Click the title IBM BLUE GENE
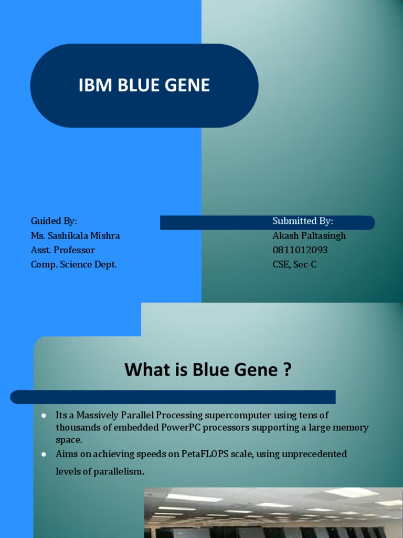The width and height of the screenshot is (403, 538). (144, 86)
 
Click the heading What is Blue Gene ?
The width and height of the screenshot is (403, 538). (208, 370)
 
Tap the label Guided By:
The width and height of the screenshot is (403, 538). (54, 221)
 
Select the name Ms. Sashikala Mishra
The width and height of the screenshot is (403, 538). (75, 235)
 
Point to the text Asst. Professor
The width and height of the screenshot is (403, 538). (62, 250)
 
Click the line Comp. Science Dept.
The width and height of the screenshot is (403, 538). (73, 265)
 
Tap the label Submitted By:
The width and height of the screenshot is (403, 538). (303, 221)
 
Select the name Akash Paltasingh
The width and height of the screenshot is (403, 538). (309, 235)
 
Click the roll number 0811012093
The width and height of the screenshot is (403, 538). (300, 250)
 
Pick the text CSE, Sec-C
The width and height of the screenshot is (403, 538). (294, 265)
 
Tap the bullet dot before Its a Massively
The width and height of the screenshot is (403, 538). (44, 416)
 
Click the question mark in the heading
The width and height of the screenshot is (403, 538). (287, 370)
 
